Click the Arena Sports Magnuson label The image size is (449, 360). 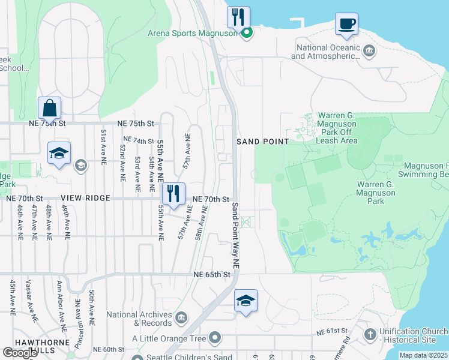(x=193, y=33)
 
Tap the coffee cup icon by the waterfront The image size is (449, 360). (x=346, y=24)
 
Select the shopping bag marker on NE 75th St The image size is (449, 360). (x=49, y=109)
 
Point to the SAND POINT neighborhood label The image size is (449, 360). (x=263, y=142)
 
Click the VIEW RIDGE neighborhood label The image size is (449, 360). (x=85, y=198)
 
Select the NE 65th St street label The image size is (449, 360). (x=212, y=274)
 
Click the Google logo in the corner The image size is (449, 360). (x=19, y=353)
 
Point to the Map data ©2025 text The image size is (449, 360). (x=423, y=355)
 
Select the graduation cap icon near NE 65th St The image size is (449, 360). (x=245, y=301)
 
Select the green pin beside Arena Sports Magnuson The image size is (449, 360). (x=246, y=33)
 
